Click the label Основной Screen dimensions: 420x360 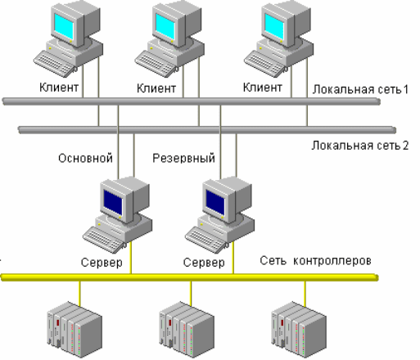pyautogui.click(x=85, y=158)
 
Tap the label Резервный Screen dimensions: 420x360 pyautogui.click(x=183, y=158)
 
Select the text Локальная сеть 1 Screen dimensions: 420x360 pyautogui.click(x=360, y=89)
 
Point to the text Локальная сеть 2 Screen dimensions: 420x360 pyautogui.click(x=360, y=146)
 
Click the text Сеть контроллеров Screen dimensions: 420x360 pyautogui.click(x=315, y=261)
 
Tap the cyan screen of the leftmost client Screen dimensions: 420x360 pyautogui.click(x=64, y=26)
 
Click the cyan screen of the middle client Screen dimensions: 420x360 pyautogui.click(x=165, y=26)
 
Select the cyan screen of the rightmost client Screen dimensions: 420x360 pyautogui.click(x=274, y=26)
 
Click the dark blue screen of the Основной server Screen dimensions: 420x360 pyautogui.click(x=113, y=202)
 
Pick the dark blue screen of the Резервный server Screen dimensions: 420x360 pyautogui.click(x=215, y=202)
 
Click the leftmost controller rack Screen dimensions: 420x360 pyautogui.click(x=75, y=330)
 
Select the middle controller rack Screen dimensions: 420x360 pyautogui.click(x=187, y=330)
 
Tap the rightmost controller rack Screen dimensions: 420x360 pyautogui.click(x=299, y=330)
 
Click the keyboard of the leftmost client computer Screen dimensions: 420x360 pyautogui.click(x=55, y=64)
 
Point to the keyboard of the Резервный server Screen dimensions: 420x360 pyautogui.click(x=206, y=240)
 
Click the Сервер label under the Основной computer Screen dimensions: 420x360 pyautogui.click(x=102, y=263)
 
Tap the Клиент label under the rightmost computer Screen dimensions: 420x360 pyautogui.click(x=263, y=88)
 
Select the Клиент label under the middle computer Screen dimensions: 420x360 pyautogui.click(x=156, y=88)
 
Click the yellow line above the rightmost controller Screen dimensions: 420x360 pyautogui.click(x=305, y=294)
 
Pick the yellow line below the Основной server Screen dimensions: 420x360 pyautogui.click(x=131, y=258)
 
